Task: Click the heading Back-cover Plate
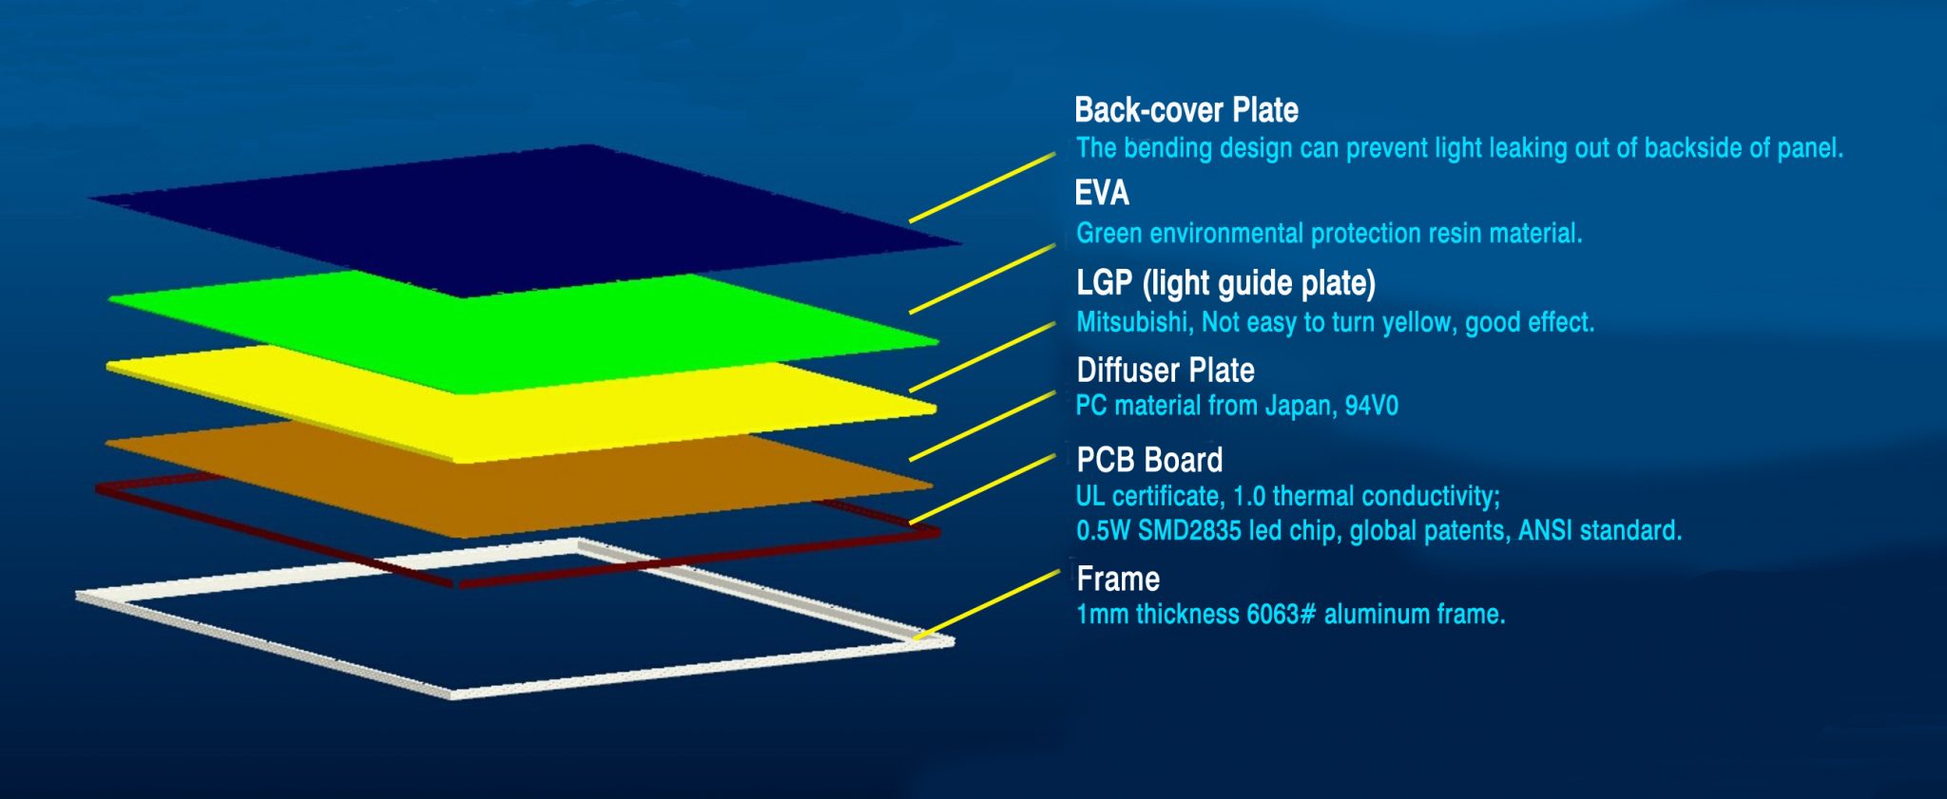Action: [1186, 110]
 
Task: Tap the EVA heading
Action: [1102, 193]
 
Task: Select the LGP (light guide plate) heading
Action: [1225, 283]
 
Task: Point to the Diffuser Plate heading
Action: [1166, 370]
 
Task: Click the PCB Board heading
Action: [1149, 460]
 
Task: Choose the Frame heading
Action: [1118, 579]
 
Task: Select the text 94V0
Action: [1372, 407]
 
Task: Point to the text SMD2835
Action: [1189, 530]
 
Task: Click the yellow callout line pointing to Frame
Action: [987, 604]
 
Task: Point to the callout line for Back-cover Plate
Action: [982, 187]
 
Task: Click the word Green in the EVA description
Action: [1108, 234]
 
